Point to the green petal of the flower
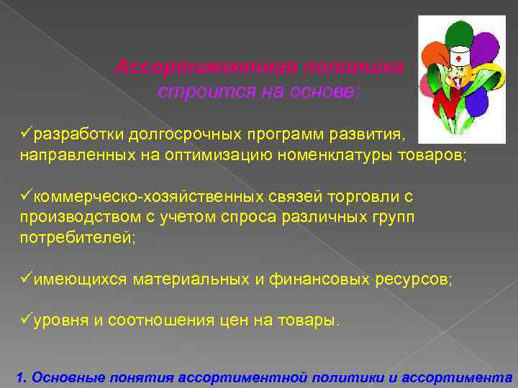455,33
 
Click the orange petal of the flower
431,54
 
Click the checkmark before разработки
26,134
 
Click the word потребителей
77,238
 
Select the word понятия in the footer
143,377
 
